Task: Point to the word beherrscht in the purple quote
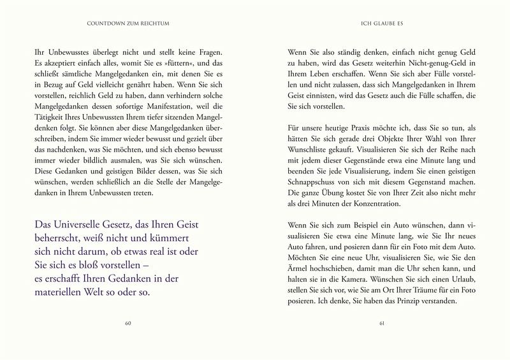click(x=60, y=240)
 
